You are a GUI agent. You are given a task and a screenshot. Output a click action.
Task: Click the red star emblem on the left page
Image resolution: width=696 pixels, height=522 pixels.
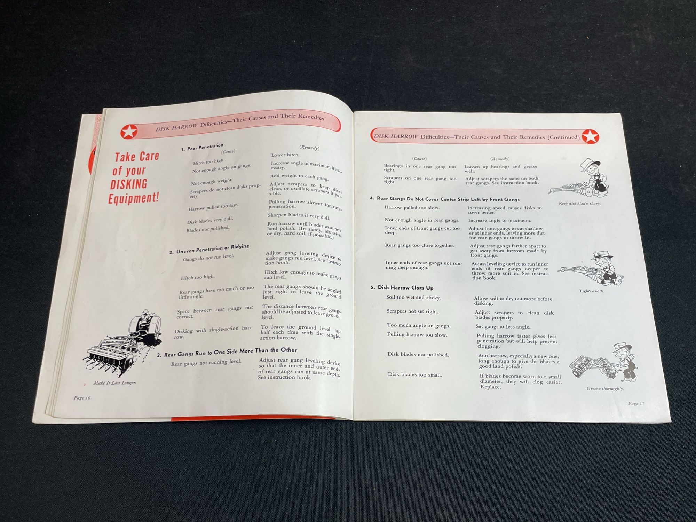(129, 132)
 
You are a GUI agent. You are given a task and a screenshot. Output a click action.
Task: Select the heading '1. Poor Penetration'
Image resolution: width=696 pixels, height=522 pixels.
(202, 147)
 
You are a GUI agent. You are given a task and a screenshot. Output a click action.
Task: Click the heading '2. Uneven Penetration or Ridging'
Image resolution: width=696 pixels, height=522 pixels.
(209, 249)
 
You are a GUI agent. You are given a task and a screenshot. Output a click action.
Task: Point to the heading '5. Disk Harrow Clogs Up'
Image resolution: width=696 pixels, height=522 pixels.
(402, 288)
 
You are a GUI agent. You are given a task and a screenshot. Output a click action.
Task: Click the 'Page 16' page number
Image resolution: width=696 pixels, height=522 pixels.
(82, 398)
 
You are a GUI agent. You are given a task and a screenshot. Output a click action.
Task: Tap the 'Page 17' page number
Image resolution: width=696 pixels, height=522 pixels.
(636, 403)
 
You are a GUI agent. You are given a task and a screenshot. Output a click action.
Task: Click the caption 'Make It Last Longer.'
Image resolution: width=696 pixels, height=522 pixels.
(115, 383)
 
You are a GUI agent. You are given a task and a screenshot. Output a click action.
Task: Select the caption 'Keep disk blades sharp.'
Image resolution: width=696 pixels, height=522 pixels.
(579, 204)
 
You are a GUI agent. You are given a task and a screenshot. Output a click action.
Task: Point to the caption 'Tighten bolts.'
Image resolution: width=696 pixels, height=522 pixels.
(592, 291)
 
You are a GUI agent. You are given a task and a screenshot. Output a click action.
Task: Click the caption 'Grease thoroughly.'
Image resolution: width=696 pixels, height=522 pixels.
(605, 389)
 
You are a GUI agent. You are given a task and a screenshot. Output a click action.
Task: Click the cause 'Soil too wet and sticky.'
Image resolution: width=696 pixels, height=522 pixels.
(413, 298)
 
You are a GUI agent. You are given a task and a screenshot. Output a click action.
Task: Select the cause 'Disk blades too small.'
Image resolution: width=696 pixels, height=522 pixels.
(415, 375)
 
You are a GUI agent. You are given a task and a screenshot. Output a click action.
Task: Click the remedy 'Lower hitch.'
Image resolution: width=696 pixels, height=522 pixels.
(285, 155)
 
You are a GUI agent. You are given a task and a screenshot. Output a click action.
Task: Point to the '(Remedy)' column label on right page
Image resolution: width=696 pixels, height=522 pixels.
(500, 159)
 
